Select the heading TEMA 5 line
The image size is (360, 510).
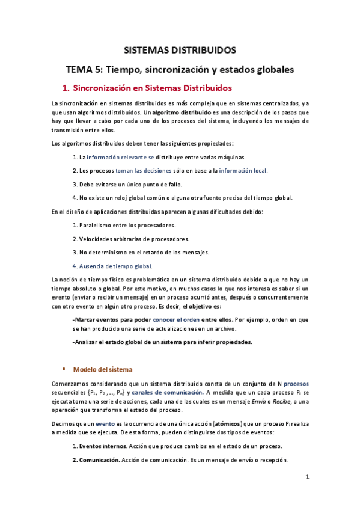coord(180,69)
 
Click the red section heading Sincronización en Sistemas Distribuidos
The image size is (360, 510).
coord(151,88)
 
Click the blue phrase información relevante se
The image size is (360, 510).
coord(120,157)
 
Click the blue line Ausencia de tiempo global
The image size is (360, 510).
coord(112,265)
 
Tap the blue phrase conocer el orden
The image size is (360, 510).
coord(177,319)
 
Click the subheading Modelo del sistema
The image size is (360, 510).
coord(102,369)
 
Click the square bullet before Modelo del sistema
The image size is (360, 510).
coord(64,369)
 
